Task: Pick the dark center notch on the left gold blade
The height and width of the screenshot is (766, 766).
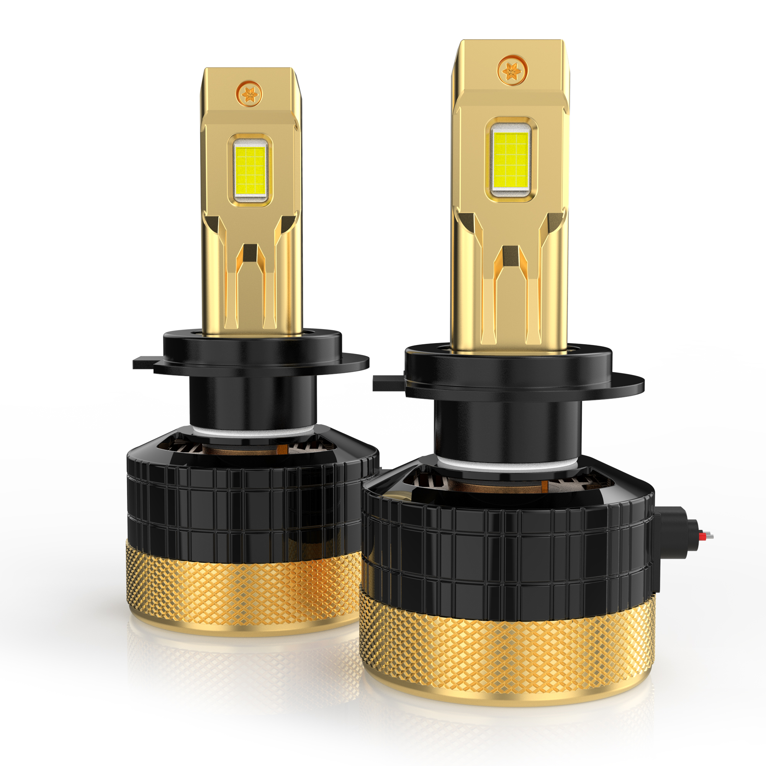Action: pos(250,252)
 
